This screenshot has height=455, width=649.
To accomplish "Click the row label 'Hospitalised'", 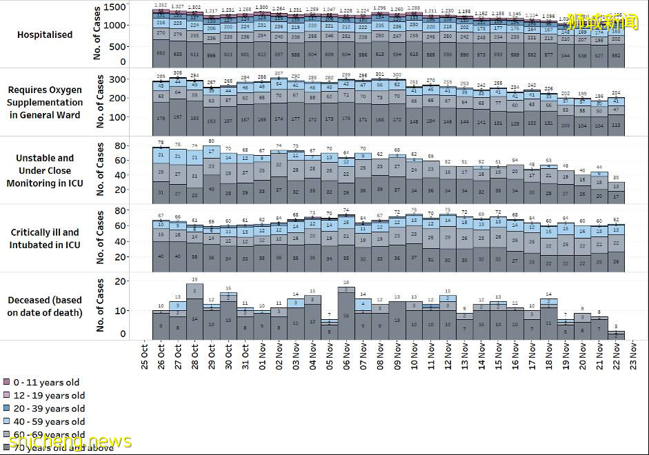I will (x=45, y=34).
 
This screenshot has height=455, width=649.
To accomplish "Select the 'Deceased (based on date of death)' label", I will (x=45, y=306).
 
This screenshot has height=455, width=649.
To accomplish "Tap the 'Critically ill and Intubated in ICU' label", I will (x=45, y=239).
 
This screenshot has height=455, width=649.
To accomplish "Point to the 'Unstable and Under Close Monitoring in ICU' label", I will (x=45, y=170).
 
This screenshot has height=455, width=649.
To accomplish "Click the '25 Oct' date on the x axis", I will (x=145, y=356).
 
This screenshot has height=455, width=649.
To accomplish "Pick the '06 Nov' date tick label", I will (x=347, y=356).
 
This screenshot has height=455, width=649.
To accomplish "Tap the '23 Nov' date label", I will (x=633, y=356).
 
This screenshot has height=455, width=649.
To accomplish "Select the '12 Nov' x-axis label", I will (x=448, y=356).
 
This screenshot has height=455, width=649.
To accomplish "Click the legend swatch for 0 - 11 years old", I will (x=6, y=382).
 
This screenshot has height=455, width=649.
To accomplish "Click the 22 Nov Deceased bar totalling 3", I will (x=616, y=335).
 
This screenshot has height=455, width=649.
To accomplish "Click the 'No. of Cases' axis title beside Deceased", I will (x=101, y=306).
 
